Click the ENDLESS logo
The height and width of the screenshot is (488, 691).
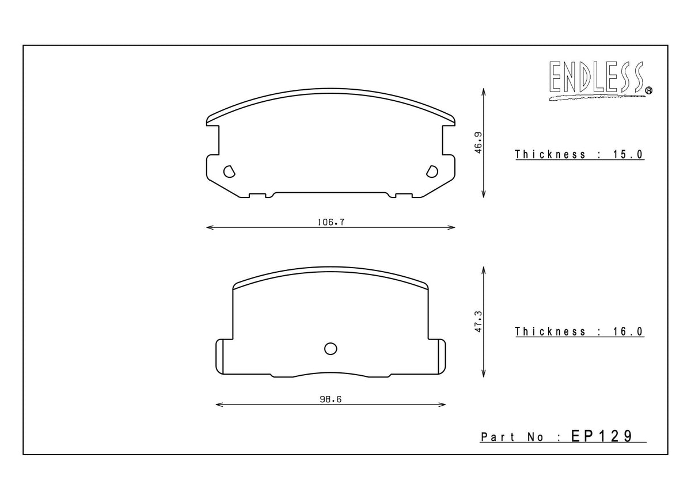point(597,79)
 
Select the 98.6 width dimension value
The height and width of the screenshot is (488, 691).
point(330,399)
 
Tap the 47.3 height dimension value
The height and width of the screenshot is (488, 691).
point(478,320)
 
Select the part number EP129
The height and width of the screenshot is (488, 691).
point(601,436)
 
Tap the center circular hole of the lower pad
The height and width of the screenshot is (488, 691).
point(331,348)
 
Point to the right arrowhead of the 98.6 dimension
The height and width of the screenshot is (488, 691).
point(443,405)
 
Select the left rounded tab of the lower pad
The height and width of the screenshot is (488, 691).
point(219,356)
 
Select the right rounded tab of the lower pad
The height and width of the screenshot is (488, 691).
point(441,356)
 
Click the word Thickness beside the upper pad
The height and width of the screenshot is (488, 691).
point(542,154)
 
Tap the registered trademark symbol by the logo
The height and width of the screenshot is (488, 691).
point(648,90)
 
